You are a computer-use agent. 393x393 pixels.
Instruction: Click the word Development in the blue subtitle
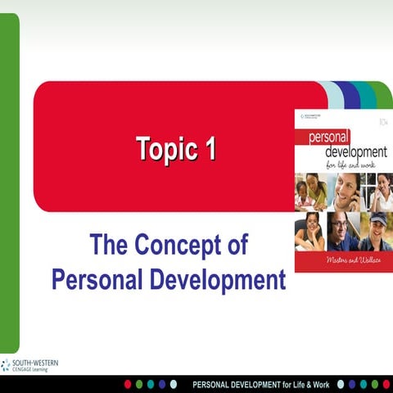coord(218,278)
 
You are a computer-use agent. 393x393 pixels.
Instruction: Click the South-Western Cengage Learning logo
coord(29,365)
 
